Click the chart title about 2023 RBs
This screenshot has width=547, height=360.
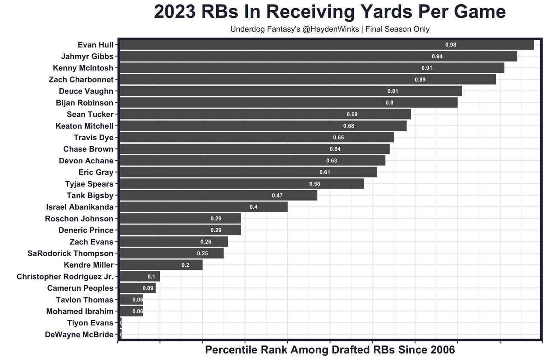point(329,12)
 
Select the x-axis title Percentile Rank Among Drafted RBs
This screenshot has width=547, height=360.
point(330,350)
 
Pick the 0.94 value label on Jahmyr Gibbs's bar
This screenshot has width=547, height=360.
point(437,56)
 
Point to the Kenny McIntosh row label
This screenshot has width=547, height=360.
point(83,68)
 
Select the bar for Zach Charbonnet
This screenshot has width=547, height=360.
point(308,80)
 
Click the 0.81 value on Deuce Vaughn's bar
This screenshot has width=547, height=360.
point(393,91)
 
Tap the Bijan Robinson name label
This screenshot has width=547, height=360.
point(85,103)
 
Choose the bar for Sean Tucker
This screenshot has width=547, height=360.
point(265,114)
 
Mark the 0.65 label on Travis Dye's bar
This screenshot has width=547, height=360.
point(338,138)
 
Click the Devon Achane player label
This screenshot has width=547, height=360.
point(86,161)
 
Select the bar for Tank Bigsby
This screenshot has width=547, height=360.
point(218,195)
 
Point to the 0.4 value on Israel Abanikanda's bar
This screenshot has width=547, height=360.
point(253,207)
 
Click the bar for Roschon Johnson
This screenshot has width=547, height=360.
point(180,218)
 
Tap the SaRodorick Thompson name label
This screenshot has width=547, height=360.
point(71,254)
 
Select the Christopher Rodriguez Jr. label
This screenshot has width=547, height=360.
point(65,277)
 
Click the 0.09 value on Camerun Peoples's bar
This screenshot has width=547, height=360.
point(148,288)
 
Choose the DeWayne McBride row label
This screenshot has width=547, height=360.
point(79,335)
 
